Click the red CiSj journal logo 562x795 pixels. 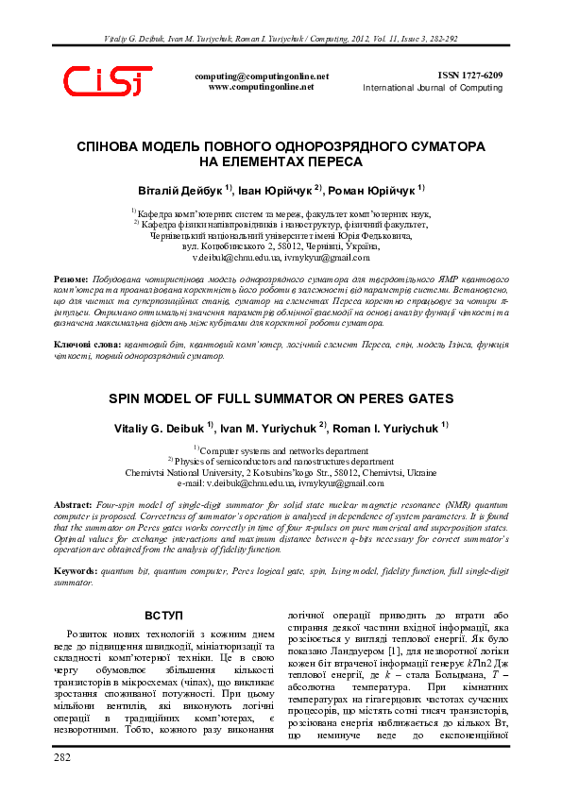pos(107,82)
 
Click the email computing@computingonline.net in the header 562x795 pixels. pos(262,76)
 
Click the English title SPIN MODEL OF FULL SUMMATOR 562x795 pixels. pos(281,398)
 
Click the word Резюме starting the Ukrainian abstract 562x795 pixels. pos(72,281)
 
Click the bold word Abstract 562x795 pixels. pos(73,506)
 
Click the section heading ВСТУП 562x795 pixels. pos(164,616)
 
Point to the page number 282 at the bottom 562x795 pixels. pos(62,758)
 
